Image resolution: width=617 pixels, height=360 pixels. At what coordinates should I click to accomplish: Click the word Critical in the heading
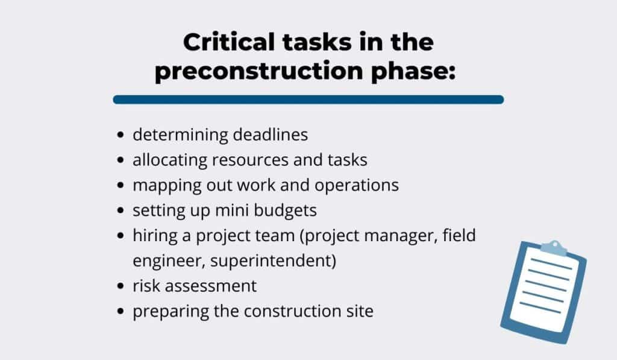pos(229,42)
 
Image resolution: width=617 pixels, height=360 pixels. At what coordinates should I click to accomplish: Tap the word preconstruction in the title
pos(259,71)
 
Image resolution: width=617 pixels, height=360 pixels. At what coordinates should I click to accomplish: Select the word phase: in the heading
pos(413,71)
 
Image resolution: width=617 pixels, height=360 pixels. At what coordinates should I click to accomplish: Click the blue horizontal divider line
pos(308,99)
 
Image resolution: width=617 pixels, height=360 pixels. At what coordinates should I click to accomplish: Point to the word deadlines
pos(271,134)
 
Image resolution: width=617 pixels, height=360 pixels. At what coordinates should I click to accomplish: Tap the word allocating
pos(169,160)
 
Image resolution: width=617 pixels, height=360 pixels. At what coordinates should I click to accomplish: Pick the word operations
pos(357,186)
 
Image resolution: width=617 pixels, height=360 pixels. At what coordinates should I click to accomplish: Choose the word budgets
pos(285,211)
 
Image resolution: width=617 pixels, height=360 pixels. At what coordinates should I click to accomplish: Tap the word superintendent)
pos(273,261)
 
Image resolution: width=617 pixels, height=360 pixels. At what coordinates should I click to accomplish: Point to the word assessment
pos(210,286)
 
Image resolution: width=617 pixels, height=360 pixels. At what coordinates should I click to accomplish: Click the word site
pos(360,311)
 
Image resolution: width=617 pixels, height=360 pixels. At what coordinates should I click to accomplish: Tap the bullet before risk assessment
pos(121,286)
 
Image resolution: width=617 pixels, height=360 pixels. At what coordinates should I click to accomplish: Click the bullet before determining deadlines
pos(121,135)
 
